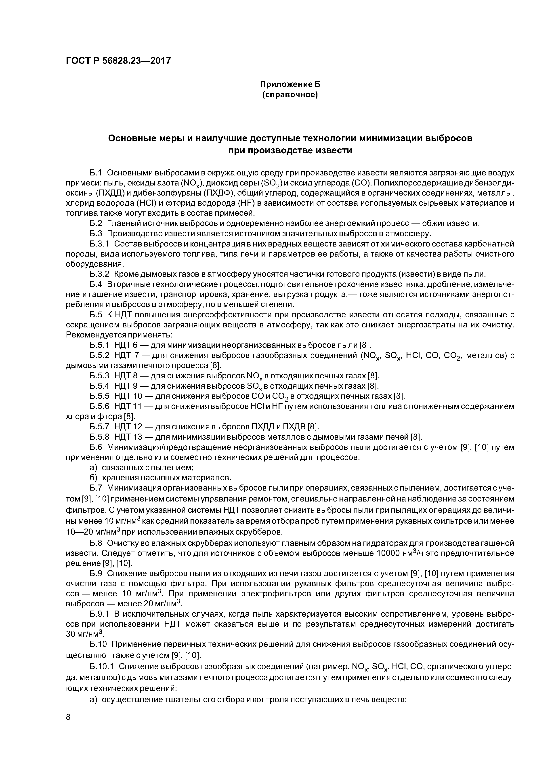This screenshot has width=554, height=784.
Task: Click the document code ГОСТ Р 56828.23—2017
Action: pos(118,61)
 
